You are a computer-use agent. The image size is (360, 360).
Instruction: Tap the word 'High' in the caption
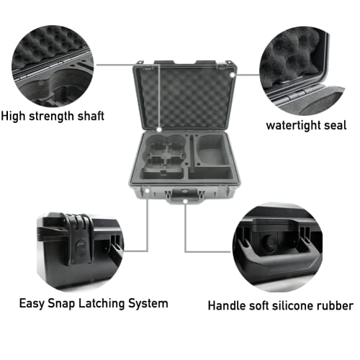[x=15, y=115]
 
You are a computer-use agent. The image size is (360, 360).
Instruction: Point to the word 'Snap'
[x=58, y=303]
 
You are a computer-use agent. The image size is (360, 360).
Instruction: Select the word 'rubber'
[x=333, y=305]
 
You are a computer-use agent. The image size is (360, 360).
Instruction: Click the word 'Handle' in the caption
[x=228, y=305]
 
